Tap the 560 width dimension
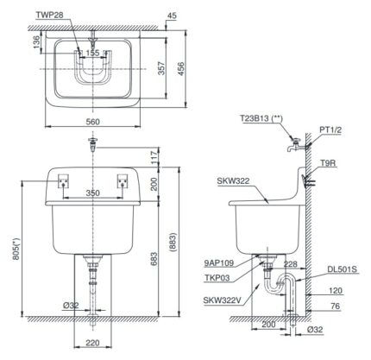coord(93,122)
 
